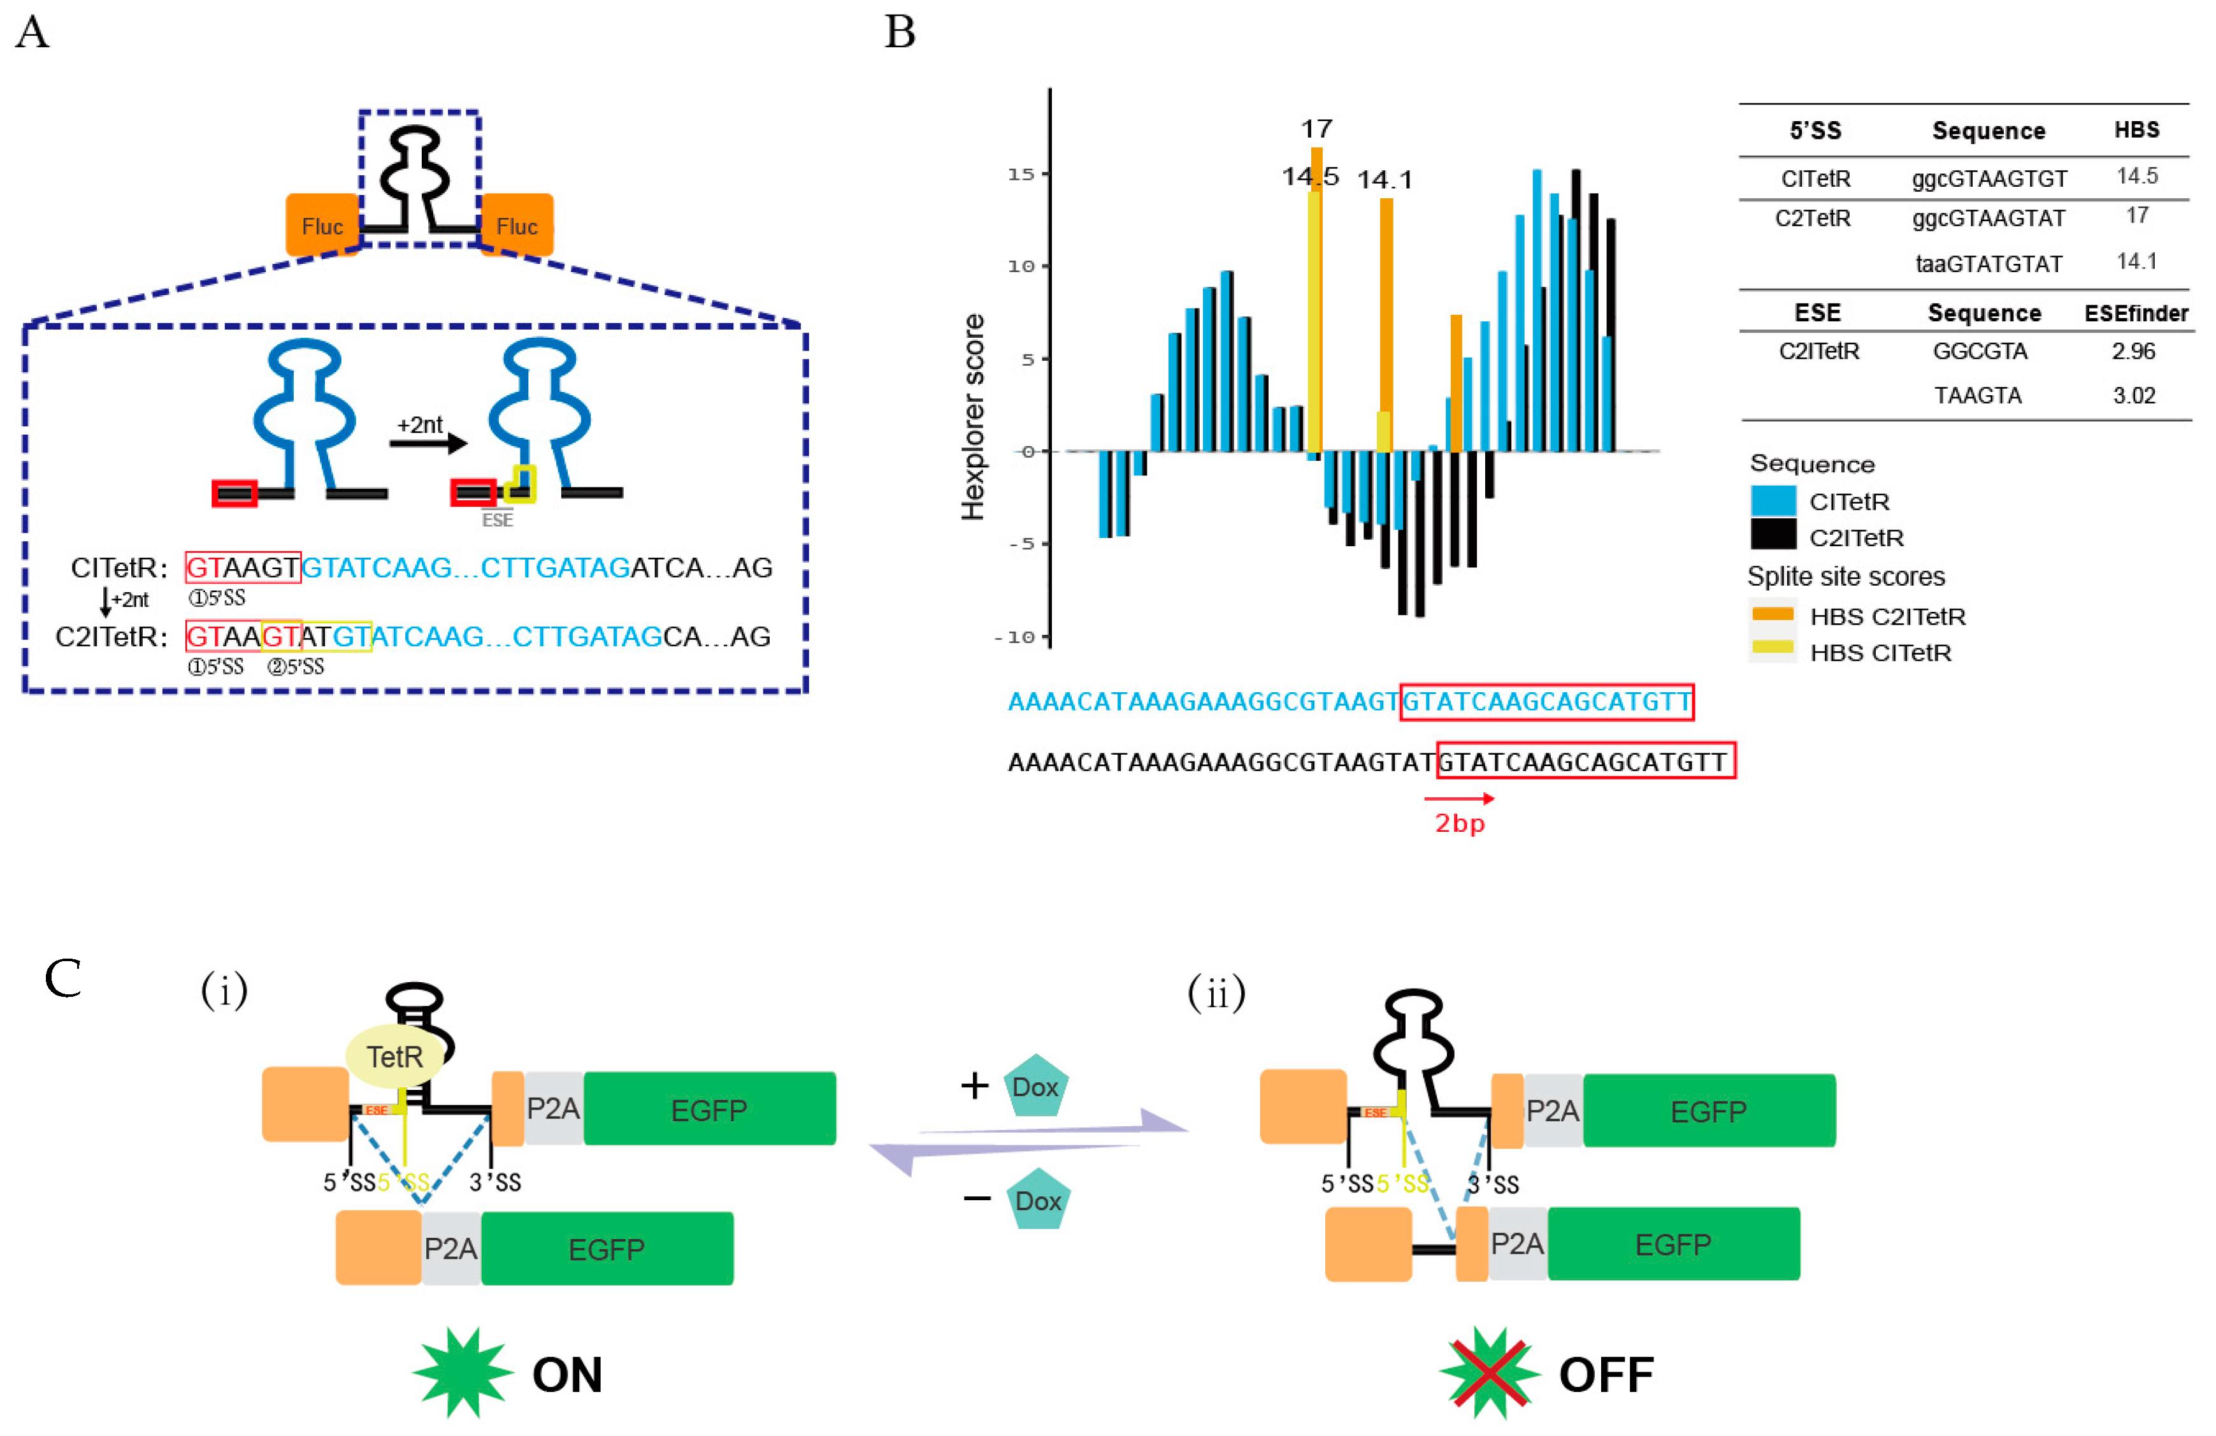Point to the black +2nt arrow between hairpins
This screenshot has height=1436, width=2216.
pyautogui.click(x=428, y=443)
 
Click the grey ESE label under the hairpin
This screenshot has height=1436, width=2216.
pyautogui.click(x=497, y=519)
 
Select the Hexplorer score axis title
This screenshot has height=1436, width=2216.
pyautogui.click(x=972, y=416)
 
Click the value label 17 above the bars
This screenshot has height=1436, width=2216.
pyautogui.click(x=1316, y=129)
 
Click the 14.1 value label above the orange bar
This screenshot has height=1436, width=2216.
pyautogui.click(x=1385, y=180)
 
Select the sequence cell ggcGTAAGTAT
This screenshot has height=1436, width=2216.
pyautogui.click(x=1989, y=218)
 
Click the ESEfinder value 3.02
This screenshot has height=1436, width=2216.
pyautogui.click(x=2134, y=396)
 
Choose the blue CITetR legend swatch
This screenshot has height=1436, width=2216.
pyautogui.click(x=1773, y=501)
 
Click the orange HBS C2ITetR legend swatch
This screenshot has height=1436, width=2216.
pyautogui.click(x=1773, y=614)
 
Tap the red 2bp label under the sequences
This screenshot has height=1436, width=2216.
pyautogui.click(x=1459, y=823)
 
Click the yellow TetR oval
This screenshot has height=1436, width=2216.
pyautogui.click(x=395, y=1056)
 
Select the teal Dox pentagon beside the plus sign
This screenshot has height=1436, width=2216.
pyautogui.click(x=1035, y=1086)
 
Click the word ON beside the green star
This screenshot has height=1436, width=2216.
pyautogui.click(x=567, y=1375)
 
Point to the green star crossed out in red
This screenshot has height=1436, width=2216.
pyautogui.click(x=1489, y=1373)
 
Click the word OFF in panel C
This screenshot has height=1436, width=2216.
pyautogui.click(x=1606, y=1375)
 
